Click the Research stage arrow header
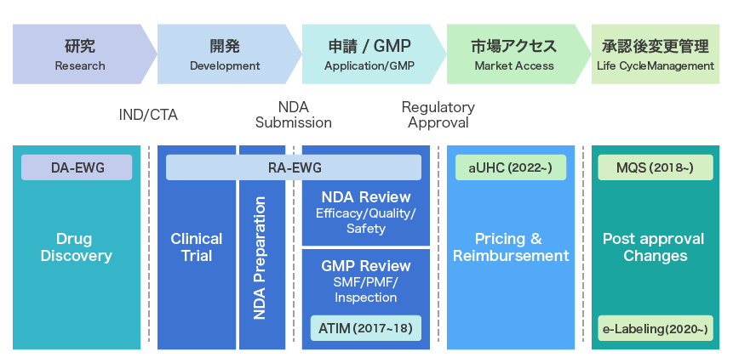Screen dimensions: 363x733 click(x=80, y=54)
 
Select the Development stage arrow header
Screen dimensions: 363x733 click(x=225, y=54)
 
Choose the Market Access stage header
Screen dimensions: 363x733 click(x=514, y=54)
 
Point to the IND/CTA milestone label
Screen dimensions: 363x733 click(x=148, y=115)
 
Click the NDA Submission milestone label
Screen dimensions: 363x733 click(x=293, y=115)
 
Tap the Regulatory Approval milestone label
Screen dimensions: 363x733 click(x=438, y=115)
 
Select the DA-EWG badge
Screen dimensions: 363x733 click(x=77, y=167)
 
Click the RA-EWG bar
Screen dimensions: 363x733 click(x=294, y=167)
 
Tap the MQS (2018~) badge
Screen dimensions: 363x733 click(x=655, y=167)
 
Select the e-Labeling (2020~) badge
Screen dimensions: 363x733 click(x=655, y=327)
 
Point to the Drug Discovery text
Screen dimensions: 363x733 click(x=77, y=247)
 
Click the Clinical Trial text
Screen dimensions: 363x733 click(x=196, y=247)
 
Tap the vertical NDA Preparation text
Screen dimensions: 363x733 click(x=261, y=258)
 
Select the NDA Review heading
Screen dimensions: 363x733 click(x=366, y=197)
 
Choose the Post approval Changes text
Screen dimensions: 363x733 click(x=655, y=247)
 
